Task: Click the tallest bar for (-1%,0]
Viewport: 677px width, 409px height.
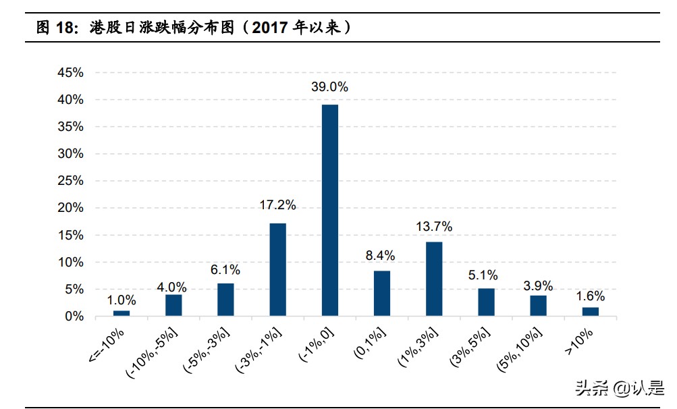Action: [x=329, y=210]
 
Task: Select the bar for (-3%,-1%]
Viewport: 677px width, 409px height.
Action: [x=277, y=269]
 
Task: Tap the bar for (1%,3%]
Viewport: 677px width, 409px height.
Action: [x=434, y=279]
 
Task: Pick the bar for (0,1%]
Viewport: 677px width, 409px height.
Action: [x=382, y=293]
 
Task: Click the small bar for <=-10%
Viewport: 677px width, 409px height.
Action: [x=121, y=313]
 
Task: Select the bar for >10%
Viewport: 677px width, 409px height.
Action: [x=591, y=311]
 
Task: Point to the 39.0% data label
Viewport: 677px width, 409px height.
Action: [x=329, y=87]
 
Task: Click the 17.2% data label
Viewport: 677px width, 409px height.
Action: [x=277, y=204]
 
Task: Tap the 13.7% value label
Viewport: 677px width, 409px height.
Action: [x=434, y=226]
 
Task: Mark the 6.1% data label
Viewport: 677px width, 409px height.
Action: [x=225, y=269]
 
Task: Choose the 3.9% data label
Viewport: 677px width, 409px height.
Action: [x=538, y=285]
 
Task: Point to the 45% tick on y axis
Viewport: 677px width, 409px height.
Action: [x=70, y=73]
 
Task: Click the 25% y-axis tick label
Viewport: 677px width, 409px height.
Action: [x=70, y=181]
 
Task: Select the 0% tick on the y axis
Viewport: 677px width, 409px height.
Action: [x=74, y=316]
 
